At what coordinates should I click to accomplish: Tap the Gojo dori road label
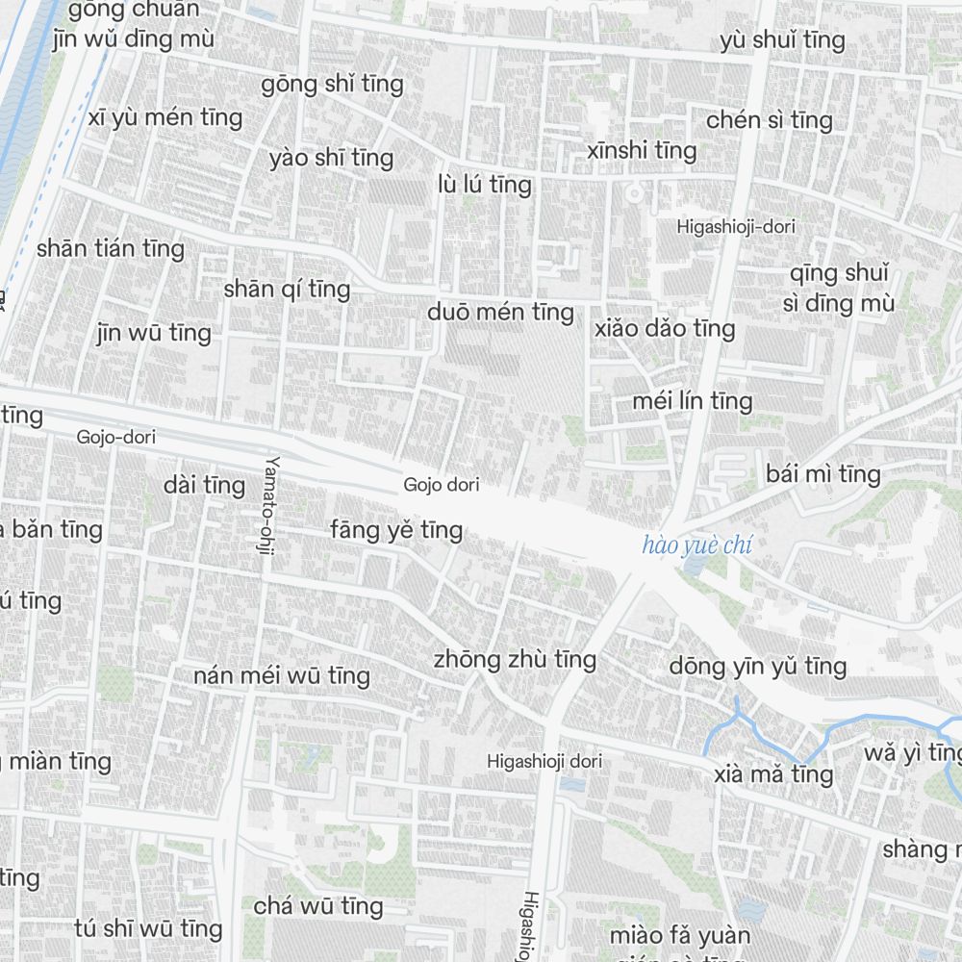(x=442, y=485)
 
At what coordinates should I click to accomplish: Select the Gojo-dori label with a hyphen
(x=116, y=438)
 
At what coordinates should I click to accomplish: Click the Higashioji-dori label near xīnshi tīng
(x=736, y=227)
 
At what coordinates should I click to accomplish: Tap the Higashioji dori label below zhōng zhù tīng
(x=544, y=761)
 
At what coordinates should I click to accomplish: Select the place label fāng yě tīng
(x=396, y=529)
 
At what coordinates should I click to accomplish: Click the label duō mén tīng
(x=500, y=312)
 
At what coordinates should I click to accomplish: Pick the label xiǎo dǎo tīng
(x=665, y=328)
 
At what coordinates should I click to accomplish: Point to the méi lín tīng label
(x=692, y=400)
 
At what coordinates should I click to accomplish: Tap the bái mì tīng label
(x=823, y=473)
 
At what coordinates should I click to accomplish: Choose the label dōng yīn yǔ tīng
(x=758, y=666)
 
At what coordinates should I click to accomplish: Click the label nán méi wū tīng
(x=282, y=675)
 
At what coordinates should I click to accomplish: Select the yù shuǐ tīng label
(x=782, y=40)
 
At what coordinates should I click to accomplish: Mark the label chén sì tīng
(x=769, y=120)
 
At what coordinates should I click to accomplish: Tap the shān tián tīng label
(x=111, y=248)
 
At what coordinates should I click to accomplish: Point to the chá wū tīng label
(x=318, y=906)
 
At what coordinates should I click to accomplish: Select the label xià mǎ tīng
(x=773, y=774)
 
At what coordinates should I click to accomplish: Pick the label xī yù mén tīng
(x=165, y=118)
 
